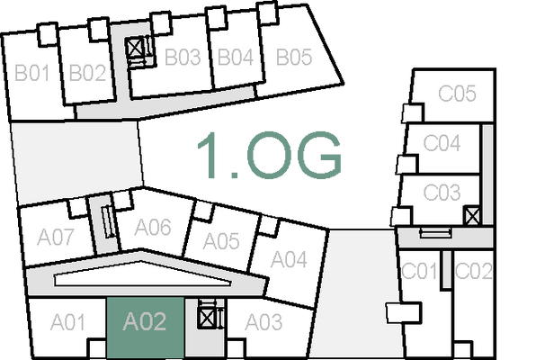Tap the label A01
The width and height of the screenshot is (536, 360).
[67, 321]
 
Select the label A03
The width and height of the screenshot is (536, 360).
[264, 321]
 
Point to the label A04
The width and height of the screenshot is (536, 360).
[290, 260]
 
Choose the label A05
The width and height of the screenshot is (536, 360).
[221, 241]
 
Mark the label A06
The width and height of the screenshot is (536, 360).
[152, 227]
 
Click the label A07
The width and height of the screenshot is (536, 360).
[56, 238]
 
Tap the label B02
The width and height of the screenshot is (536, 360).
[87, 73]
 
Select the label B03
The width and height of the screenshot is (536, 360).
[182, 58]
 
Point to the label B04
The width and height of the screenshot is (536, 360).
[236, 58]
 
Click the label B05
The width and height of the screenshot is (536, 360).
[293, 58]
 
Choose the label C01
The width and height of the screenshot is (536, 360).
[419, 270]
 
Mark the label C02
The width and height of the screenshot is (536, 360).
[473, 270]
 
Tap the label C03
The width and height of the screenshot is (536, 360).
[442, 193]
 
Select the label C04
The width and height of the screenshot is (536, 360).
[442, 142]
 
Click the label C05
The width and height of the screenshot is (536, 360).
[456, 93]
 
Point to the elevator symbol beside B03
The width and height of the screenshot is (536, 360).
[135, 47]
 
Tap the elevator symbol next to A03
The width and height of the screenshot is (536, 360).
[208, 317]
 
